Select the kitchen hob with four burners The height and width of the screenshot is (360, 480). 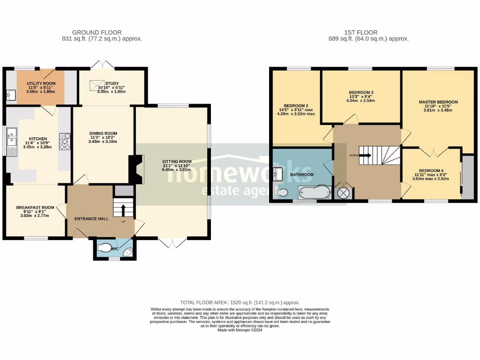[x=64, y=141]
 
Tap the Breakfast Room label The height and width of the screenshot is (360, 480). [x=35, y=207]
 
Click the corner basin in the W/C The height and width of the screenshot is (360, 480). [x=127, y=253]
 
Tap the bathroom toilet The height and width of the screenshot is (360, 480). [x=282, y=192]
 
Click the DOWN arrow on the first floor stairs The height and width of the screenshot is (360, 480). [x=365, y=155]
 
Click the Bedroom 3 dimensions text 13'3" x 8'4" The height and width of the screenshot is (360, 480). [x=361, y=97]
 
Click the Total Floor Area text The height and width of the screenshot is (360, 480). [x=240, y=303]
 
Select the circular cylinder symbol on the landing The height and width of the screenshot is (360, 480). [x=343, y=193]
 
